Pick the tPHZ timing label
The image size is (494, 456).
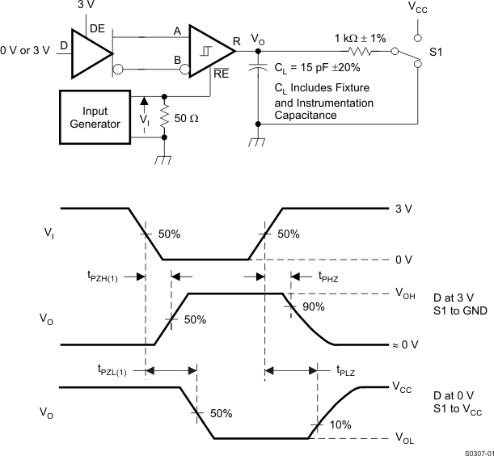(329, 276)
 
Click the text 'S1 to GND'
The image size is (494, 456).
(458, 311)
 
